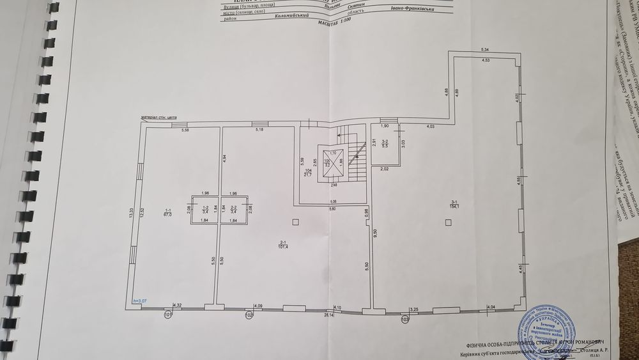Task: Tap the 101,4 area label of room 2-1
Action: pyautogui.click(x=281, y=247)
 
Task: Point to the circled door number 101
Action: pyautogui.click(x=168, y=315)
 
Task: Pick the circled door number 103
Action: pyautogui.click(x=404, y=318)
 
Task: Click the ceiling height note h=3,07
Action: pyautogui.click(x=139, y=301)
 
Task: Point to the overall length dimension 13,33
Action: pyautogui.click(x=131, y=214)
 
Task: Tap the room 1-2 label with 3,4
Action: pyautogui.click(x=206, y=210)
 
